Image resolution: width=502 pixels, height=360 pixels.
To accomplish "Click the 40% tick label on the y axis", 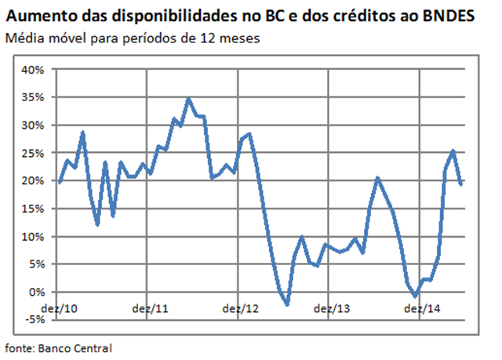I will pos(33,69).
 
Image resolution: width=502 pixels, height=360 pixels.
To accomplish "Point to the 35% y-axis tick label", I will pos(33,97).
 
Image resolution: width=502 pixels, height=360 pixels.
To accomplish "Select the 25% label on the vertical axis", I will pos(33,153).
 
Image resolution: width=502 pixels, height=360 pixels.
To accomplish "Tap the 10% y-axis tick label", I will pos(33,236).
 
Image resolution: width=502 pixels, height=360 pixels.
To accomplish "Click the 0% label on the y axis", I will pos(36,292).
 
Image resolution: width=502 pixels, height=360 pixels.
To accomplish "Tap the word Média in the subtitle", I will pos(22,38).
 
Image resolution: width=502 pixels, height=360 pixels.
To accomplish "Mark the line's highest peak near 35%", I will pos(188,100).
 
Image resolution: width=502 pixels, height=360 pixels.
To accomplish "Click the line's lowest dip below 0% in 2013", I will pos(287,304).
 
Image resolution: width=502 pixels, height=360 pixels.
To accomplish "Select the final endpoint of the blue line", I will pos(460,184).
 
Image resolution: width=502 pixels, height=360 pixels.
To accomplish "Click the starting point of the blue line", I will pos(60,182).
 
